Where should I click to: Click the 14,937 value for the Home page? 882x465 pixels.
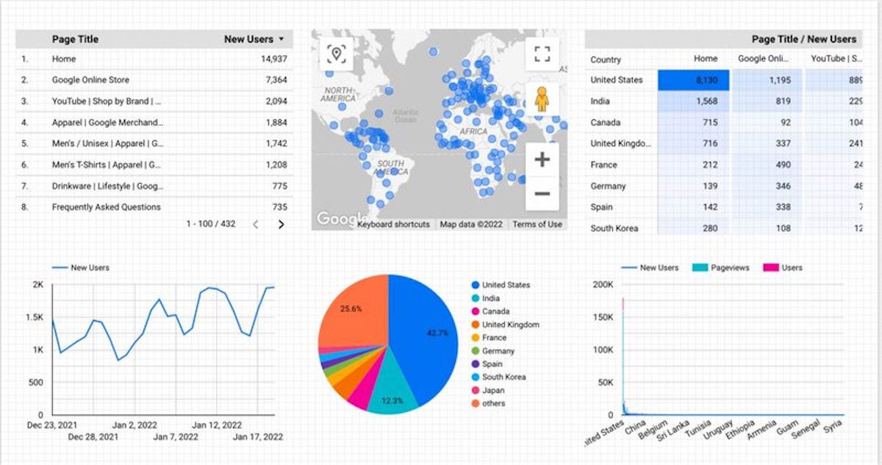click(273, 59)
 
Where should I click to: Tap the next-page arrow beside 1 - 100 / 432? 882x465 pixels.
click(281, 225)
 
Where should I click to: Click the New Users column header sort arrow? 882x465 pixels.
click(282, 39)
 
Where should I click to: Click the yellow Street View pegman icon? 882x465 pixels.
click(542, 98)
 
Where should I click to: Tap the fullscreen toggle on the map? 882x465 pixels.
click(542, 54)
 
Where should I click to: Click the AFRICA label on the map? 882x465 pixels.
click(473, 131)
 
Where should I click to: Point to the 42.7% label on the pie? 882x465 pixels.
click(437, 333)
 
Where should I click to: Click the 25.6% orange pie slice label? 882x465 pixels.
click(351, 309)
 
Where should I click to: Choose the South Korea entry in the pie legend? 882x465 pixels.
click(503, 378)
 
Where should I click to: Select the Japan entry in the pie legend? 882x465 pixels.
click(494, 391)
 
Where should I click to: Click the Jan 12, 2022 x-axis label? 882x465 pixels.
click(217, 425)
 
